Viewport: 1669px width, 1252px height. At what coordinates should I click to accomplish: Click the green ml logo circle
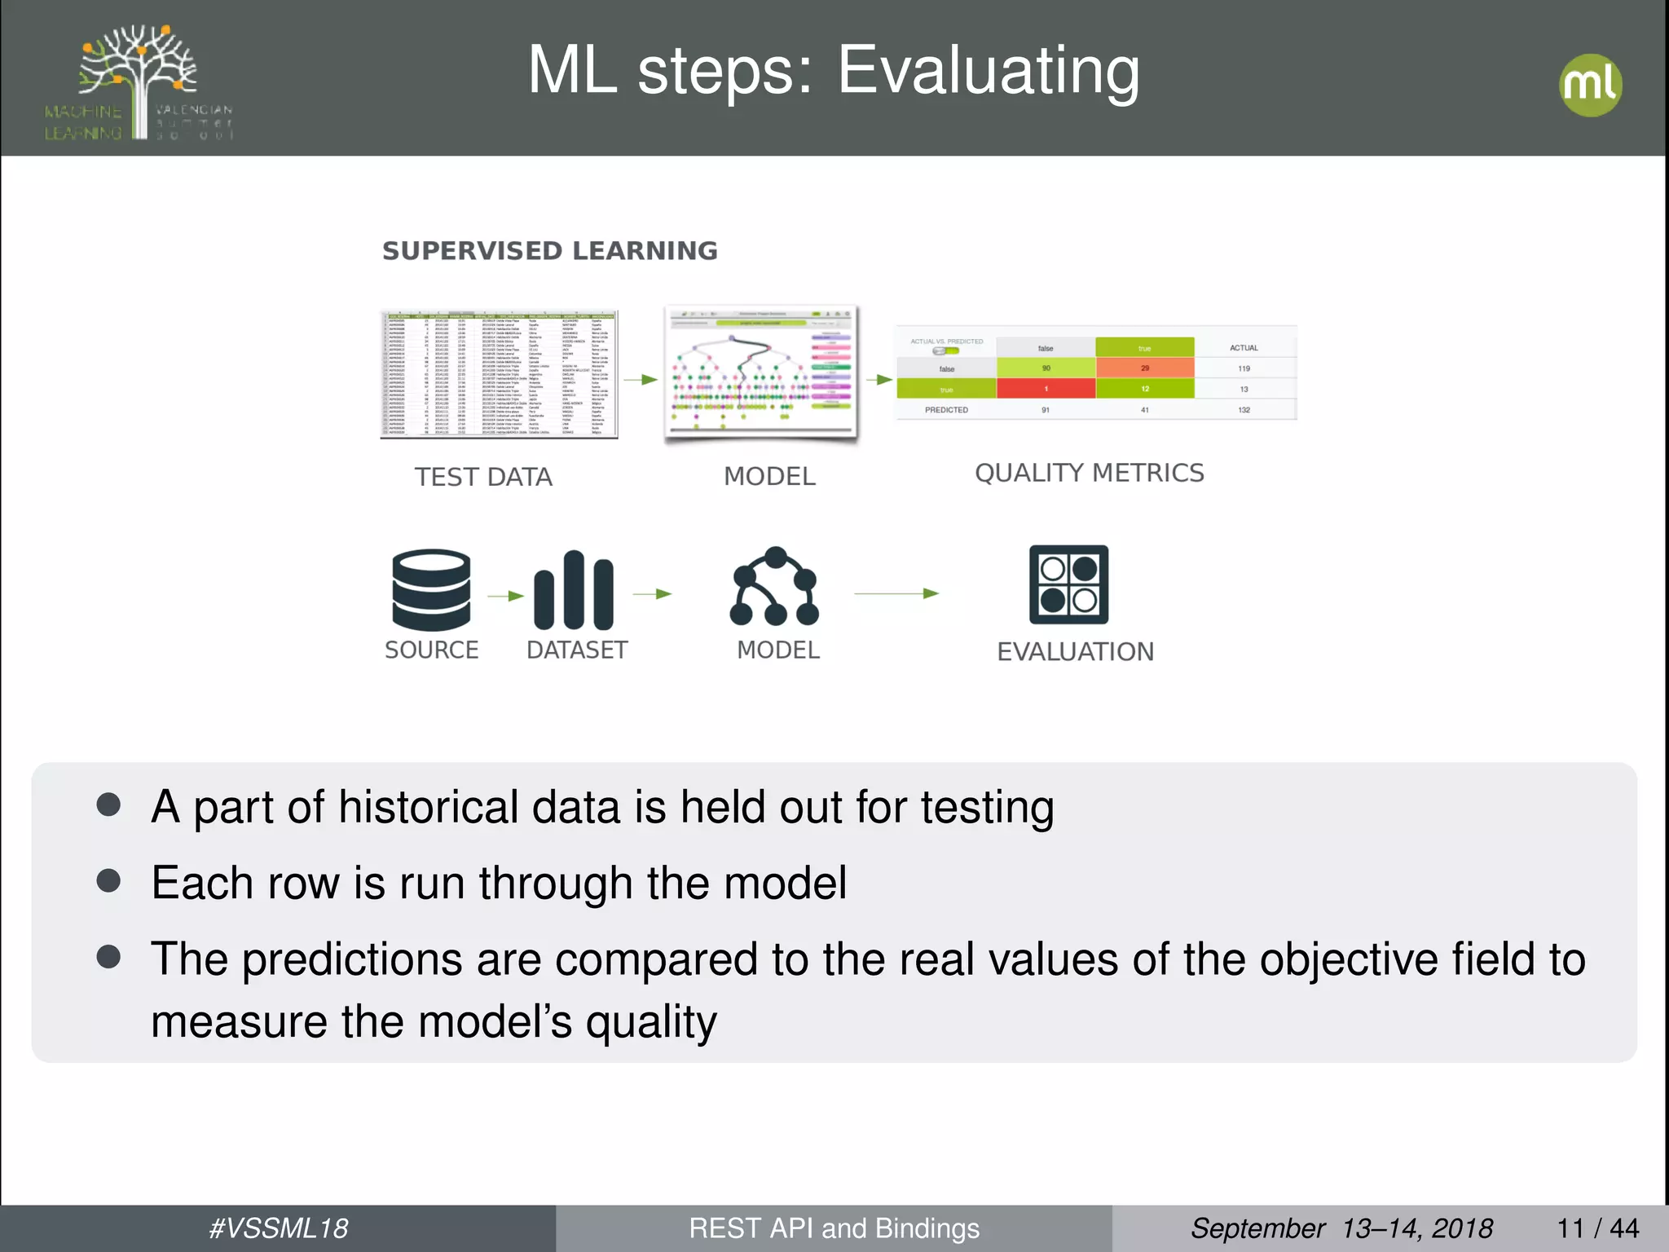point(1590,85)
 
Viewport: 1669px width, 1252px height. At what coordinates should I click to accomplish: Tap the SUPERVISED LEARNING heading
point(550,251)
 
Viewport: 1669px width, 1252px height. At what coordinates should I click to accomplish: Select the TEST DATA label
point(483,477)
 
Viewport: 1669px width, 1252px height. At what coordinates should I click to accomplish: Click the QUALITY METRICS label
point(1089,473)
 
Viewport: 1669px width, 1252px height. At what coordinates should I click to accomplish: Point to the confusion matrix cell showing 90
point(1046,368)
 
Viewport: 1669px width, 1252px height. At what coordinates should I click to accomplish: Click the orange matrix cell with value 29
point(1144,368)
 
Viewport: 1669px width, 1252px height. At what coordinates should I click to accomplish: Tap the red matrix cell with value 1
point(1046,389)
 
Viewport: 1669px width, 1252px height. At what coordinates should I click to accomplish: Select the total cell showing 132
point(1244,410)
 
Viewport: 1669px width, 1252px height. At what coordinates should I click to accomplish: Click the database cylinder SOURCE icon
point(431,590)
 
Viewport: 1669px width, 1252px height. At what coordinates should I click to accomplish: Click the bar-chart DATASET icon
point(574,590)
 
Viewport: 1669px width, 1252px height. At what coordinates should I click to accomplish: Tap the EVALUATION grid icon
point(1068,584)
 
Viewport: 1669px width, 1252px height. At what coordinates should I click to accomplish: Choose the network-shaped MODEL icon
point(774,586)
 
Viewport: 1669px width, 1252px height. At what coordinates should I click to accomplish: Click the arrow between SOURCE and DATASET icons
point(505,596)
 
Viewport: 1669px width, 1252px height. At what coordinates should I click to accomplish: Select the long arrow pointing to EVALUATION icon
point(896,593)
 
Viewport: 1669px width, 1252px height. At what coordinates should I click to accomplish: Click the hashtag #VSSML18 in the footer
point(278,1228)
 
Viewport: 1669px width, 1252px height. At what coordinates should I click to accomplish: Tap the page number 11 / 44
point(1597,1228)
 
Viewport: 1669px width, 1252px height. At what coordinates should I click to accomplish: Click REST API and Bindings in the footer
point(834,1228)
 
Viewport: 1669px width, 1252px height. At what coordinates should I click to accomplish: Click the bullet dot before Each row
point(108,880)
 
